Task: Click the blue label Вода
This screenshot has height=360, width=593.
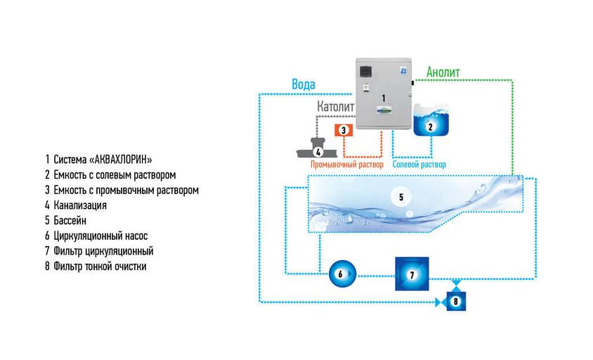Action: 304,84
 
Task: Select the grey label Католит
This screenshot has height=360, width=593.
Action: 335,105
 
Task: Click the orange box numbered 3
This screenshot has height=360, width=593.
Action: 344,130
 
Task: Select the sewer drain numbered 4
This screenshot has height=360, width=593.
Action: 318,149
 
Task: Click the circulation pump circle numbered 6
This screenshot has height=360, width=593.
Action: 339,274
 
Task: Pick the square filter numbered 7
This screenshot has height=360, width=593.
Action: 412,274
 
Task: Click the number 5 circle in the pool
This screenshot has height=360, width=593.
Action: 401,198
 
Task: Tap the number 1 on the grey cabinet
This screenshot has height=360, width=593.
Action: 384,95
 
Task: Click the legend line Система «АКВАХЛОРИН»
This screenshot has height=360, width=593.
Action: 97,159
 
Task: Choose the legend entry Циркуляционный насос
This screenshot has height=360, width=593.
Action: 96,236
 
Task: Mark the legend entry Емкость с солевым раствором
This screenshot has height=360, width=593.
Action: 110,174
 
